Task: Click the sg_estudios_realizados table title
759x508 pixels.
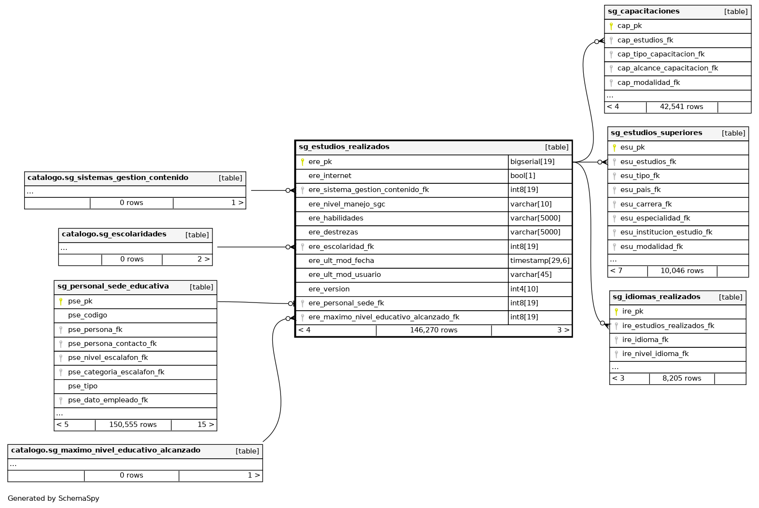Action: point(344,147)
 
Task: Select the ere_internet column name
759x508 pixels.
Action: point(330,176)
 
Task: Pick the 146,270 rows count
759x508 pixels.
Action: point(434,330)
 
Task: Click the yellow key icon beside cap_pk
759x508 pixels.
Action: point(611,26)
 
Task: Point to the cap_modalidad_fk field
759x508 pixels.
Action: point(648,82)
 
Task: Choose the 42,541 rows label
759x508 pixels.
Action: point(681,107)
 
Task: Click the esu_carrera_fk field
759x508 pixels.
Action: point(646,204)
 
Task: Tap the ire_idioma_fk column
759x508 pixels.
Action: point(645,340)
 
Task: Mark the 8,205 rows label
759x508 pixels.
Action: point(681,378)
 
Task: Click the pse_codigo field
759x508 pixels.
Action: point(87,315)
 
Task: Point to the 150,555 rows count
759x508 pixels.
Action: point(133,425)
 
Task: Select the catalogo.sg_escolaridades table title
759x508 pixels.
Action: point(114,234)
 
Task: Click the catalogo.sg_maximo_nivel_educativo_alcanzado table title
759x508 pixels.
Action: point(105,450)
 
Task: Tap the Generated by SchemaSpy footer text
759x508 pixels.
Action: point(53,498)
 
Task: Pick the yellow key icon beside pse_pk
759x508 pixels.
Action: point(61,301)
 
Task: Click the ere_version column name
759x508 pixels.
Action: point(329,289)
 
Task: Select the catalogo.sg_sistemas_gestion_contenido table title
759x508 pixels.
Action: point(108,178)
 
